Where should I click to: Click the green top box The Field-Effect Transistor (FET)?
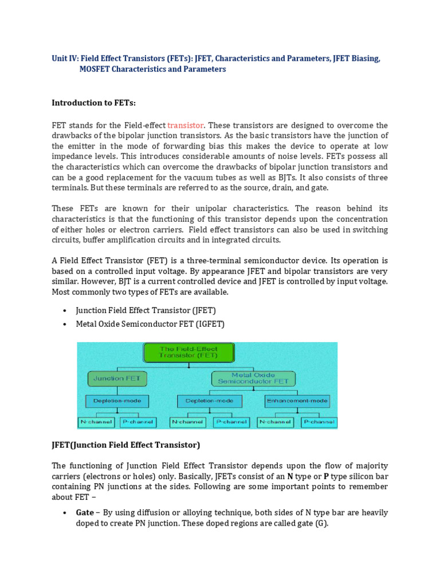coord(180,352)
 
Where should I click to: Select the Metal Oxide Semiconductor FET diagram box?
coord(253,378)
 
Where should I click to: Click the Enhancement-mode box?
coord(297,401)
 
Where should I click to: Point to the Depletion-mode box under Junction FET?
coord(117,401)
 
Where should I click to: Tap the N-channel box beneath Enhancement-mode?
coord(275,422)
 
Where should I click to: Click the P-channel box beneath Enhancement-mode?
coord(318,422)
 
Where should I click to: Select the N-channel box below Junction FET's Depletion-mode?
coord(96,422)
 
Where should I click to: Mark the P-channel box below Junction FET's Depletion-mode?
coord(137,422)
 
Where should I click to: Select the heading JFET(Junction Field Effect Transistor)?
coord(126,445)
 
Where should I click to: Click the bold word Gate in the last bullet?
coord(85,512)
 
